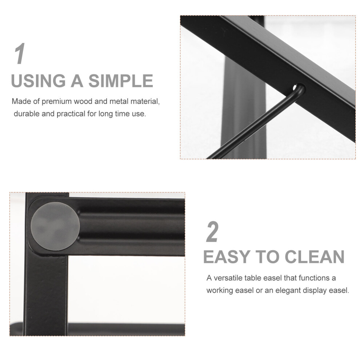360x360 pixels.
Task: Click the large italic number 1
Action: [20, 53]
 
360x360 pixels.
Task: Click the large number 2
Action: [212, 232]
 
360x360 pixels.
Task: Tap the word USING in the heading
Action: [38, 81]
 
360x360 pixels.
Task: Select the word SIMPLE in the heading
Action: [121, 81]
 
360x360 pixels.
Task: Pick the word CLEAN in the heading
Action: [315, 257]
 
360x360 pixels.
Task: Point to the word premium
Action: [57, 101]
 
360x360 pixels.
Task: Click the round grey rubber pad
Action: [55, 226]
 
